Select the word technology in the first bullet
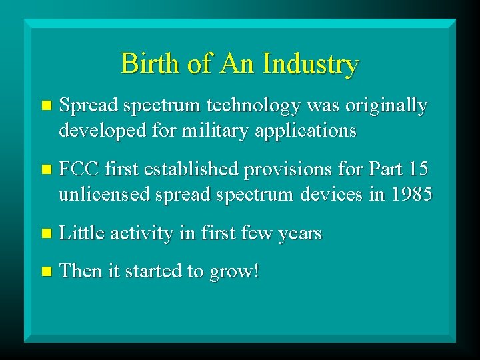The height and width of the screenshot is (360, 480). [242, 106]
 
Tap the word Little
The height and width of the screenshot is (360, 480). [81, 233]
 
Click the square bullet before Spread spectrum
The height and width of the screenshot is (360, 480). [45, 106]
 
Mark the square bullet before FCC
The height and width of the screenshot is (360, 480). [45, 170]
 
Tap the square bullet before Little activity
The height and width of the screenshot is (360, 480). [45, 233]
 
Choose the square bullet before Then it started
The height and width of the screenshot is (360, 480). [45, 271]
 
